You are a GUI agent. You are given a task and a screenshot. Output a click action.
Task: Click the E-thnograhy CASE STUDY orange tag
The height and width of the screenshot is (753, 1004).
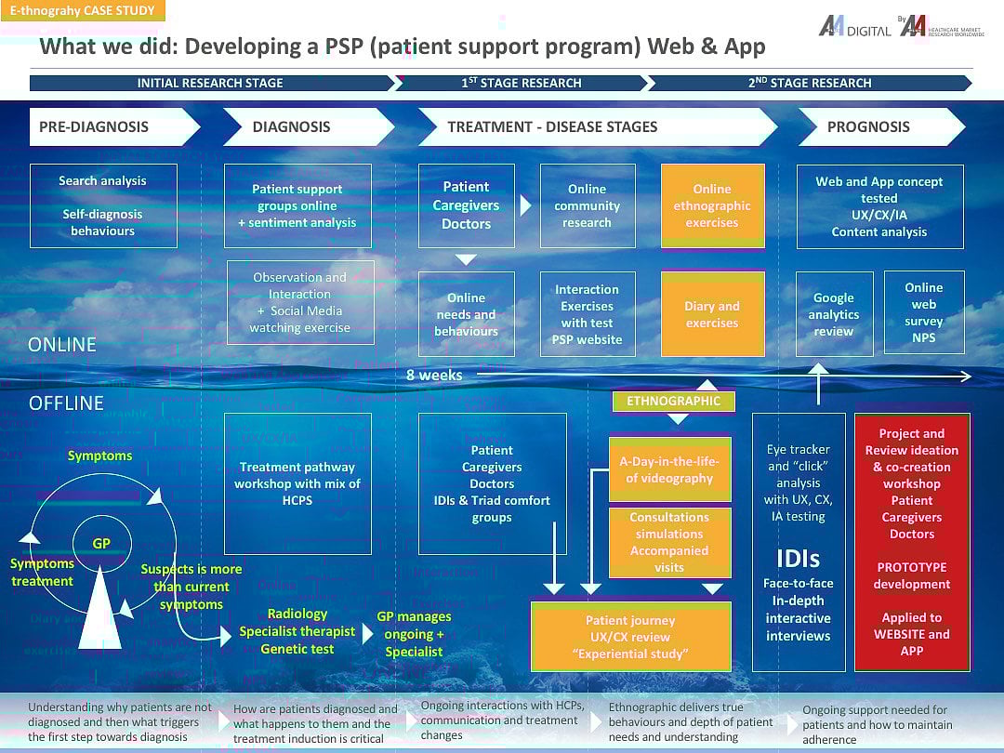(83, 11)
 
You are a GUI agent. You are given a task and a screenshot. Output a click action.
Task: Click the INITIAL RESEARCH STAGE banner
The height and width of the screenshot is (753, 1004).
(211, 83)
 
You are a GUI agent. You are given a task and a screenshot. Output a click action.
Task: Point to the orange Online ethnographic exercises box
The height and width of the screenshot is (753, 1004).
(712, 205)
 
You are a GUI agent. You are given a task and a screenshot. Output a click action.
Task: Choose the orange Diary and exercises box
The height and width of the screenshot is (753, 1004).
(712, 314)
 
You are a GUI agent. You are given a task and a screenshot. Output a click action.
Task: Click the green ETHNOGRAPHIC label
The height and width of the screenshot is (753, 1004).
(673, 401)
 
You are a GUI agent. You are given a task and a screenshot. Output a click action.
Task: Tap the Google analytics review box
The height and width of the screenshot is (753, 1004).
(834, 314)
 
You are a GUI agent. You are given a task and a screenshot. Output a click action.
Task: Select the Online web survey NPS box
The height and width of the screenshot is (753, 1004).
(924, 313)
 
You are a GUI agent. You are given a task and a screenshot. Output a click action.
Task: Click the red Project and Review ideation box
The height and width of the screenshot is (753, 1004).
(912, 542)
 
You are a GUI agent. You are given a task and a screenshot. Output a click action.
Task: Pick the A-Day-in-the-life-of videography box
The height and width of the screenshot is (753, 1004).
(669, 469)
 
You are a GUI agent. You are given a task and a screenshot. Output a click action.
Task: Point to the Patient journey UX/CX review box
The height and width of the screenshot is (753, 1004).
(630, 637)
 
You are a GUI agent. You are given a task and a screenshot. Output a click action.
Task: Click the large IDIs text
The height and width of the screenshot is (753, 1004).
(799, 559)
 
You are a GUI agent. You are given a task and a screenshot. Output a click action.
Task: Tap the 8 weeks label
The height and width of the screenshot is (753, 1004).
(434, 376)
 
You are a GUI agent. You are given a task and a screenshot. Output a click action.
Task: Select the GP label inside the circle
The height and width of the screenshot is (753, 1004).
(101, 544)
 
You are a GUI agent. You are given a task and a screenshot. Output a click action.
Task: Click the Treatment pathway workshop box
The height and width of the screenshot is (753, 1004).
(297, 483)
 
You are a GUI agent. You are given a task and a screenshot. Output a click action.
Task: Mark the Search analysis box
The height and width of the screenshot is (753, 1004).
(102, 205)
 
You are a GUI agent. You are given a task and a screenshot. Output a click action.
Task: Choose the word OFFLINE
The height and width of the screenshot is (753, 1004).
(66, 403)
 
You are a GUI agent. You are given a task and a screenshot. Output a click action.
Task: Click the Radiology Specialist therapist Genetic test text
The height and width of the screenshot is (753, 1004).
(297, 631)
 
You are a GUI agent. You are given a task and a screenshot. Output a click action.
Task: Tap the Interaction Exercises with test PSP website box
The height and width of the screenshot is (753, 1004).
(587, 314)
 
